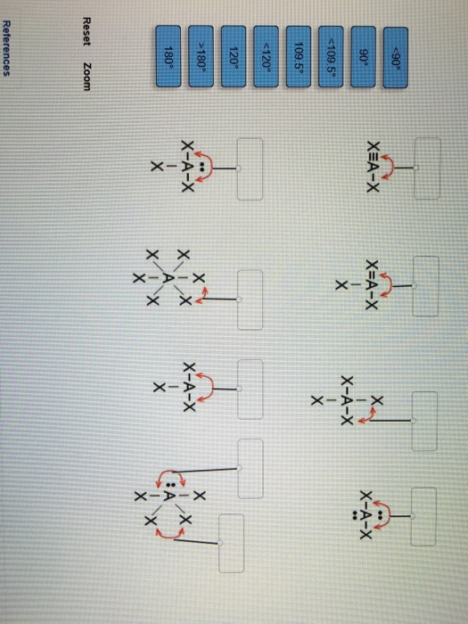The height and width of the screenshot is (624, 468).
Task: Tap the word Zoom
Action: (x=85, y=76)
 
